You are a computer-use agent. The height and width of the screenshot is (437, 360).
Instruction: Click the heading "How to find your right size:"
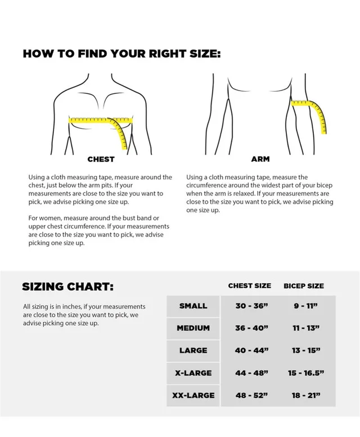pyautogui.click(x=121, y=54)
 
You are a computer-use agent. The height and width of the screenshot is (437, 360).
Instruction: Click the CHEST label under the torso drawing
pyautogui.click(x=101, y=159)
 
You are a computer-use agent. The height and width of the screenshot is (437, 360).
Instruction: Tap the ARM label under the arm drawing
pyautogui.click(x=260, y=159)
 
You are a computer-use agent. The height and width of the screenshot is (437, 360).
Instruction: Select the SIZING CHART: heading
pyautogui.click(x=67, y=286)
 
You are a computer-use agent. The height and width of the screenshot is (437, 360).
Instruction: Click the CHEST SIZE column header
pyautogui.click(x=249, y=286)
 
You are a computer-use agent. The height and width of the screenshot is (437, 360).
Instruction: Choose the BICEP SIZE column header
pyautogui.click(x=304, y=286)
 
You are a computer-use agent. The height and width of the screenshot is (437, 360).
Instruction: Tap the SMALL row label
pyautogui.click(x=193, y=306)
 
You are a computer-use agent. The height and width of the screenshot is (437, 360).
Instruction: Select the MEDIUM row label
pyautogui.click(x=193, y=328)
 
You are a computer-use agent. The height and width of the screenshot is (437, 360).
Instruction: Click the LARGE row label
pyautogui.click(x=193, y=350)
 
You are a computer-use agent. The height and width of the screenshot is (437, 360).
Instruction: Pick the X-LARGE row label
pyautogui.click(x=193, y=373)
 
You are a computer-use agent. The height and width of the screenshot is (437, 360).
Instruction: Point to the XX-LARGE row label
pyautogui.click(x=193, y=395)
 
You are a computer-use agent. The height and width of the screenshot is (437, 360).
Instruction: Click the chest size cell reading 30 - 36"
pyautogui.click(x=251, y=306)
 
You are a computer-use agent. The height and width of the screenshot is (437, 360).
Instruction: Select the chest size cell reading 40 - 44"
pyautogui.click(x=251, y=350)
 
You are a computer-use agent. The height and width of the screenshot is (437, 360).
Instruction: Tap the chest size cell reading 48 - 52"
pyautogui.click(x=251, y=395)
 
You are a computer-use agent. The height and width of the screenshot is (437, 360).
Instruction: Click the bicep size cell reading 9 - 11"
pyautogui.click(x=305, y=306)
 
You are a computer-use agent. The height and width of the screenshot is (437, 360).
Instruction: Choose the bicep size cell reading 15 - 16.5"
pyautogui.click(x=305, y=373)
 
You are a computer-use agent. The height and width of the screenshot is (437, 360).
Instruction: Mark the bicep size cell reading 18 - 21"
pyautogui.click(x=305, y=395)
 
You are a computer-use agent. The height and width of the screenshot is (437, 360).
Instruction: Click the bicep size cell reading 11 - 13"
pyautogui.click(x=305, y=328)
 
